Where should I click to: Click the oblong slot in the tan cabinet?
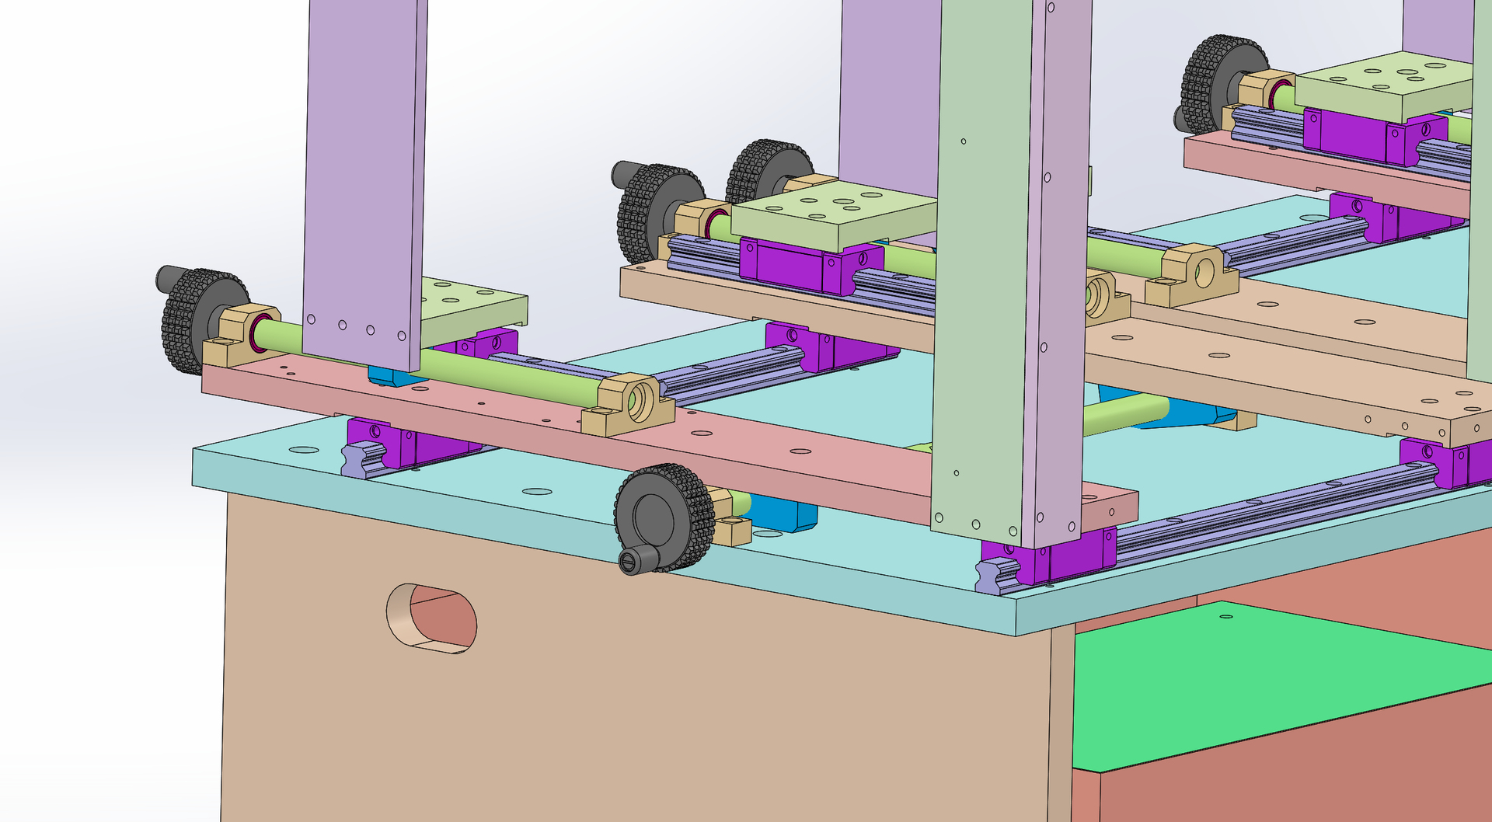[x=432, y=618]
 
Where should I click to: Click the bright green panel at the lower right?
[x=1274, y=684]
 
